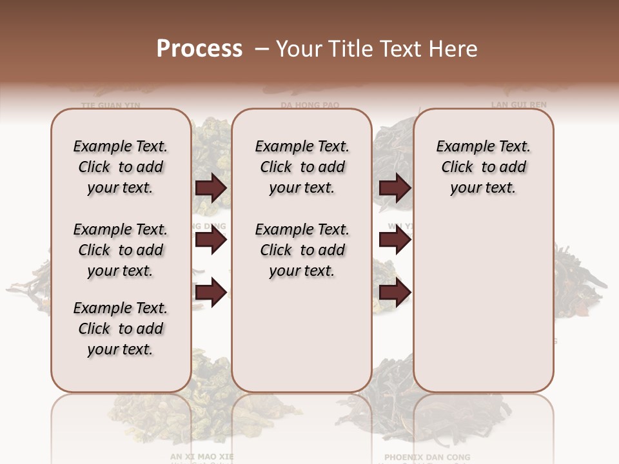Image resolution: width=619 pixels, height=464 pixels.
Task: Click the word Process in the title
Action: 199,48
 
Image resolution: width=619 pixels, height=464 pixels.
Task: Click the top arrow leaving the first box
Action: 211,188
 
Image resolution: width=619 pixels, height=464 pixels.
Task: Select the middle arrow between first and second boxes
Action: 211,241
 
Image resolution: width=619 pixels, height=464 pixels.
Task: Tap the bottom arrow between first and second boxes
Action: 211,293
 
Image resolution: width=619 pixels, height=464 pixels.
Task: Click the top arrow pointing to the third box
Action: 395,188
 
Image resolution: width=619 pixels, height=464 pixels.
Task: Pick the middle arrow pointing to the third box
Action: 395,241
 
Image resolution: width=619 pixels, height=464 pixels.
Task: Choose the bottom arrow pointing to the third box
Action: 395,293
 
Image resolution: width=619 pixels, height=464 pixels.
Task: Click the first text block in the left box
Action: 121,167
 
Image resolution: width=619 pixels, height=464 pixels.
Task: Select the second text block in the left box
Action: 121,250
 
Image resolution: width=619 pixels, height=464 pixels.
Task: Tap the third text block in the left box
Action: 121,329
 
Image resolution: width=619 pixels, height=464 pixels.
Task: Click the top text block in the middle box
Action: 302,167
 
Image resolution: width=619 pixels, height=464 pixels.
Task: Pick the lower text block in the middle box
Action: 302,250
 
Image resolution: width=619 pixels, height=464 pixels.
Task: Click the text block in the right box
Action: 483,167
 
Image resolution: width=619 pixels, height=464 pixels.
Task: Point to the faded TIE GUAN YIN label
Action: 110,104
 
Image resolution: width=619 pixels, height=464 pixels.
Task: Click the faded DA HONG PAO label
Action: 309,104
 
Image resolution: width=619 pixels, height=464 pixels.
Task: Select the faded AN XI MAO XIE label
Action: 202,456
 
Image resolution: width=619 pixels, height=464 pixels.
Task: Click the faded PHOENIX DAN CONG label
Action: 427,457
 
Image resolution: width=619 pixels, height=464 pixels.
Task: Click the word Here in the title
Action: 451,49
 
